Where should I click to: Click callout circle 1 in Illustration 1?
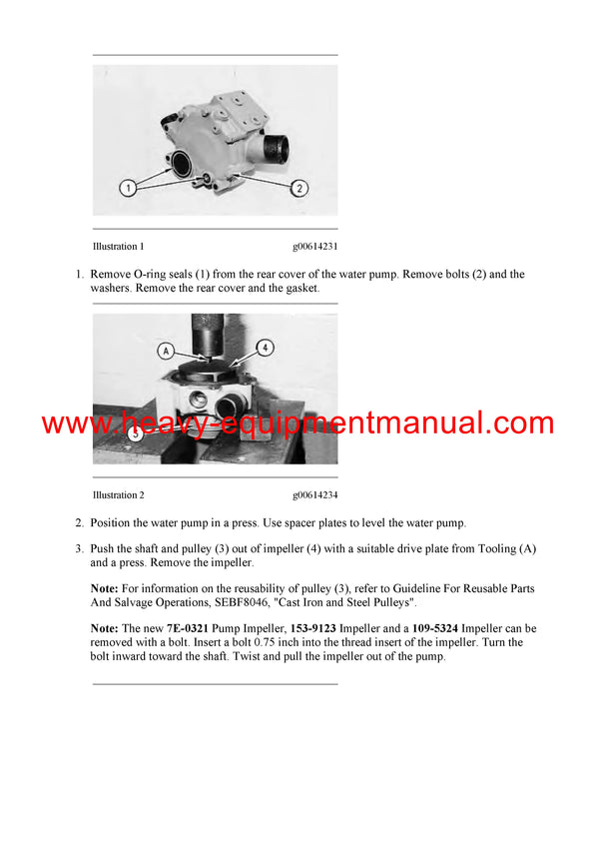pos(127,187)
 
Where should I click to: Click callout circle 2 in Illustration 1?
pos(300,187)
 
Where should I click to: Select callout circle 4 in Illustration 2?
pos(264,348)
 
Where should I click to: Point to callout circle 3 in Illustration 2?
pos(136,433)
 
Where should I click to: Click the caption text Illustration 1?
pos(118,246)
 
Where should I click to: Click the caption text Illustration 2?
pos(118,494)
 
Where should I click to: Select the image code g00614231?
pos(314,246)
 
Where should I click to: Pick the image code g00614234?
pos(314,494)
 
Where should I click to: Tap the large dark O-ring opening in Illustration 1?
pos(184,162)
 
